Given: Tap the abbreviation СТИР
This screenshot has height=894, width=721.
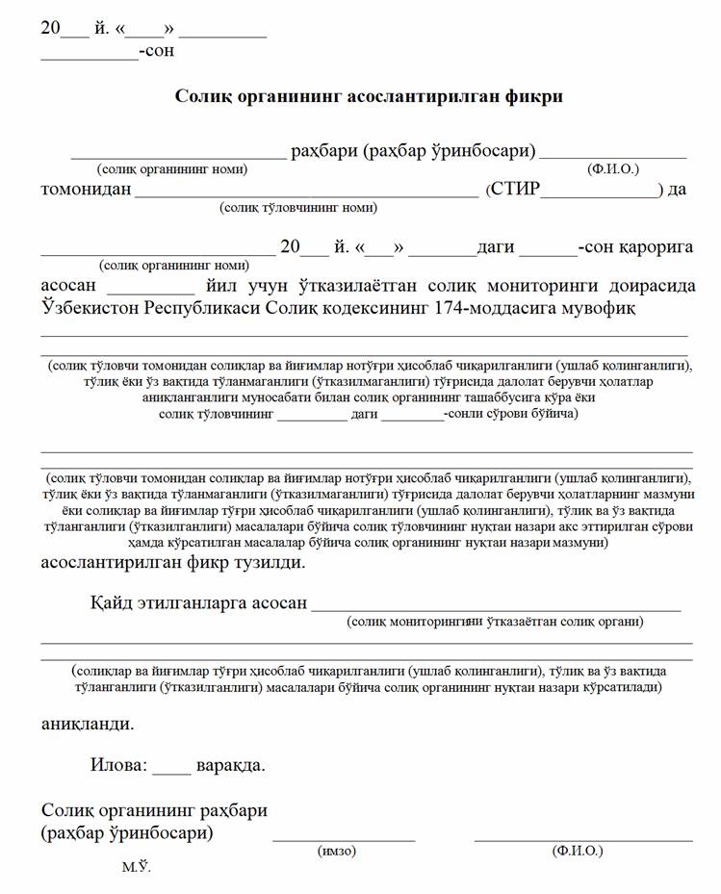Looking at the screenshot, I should pos(517,189).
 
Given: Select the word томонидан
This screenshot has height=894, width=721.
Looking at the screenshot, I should pos(86,189).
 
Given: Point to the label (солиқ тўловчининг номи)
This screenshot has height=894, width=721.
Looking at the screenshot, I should pos(298,207).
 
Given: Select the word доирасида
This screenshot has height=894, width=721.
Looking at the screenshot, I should pos(651,286).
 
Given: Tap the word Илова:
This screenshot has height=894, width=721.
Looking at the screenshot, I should pos(120,766).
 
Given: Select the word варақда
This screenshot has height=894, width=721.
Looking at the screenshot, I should pos(230,766).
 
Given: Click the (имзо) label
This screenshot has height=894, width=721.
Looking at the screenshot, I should pos(337,852).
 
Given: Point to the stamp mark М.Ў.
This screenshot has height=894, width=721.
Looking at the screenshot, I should pos(136,868).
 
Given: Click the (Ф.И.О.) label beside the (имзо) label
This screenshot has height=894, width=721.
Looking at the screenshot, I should pos(578,852).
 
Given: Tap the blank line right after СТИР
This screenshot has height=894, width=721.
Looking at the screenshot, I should pos(600,195).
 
